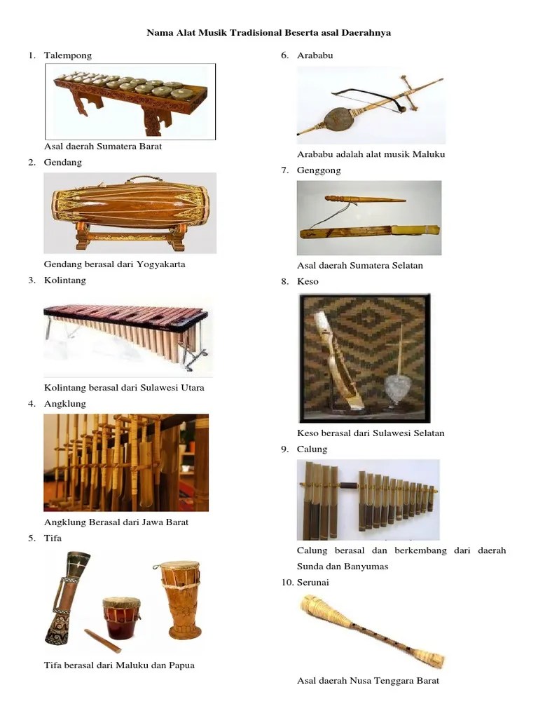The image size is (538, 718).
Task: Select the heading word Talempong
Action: pyautogui.click(x=67, y=55)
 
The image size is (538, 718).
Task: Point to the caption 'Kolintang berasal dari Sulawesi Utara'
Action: pyautogui.click(x=124, y=388)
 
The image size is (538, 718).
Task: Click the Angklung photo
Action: pyautogui.click(x=126, y=462)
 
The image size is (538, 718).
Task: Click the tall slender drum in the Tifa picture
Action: pyautogui.click(x=67, y=596)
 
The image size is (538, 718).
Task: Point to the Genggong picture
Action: pyautogui.click(x=369, y=217)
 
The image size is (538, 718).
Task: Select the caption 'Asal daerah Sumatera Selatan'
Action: pyautogui.click(x=359, y=266)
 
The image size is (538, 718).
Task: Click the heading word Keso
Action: pyautogui.click(x=308, y=282)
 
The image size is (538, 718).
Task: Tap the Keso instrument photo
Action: pyautogui.click(x=364, y=358)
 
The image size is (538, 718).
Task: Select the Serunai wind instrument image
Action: pyautogui.click(x=371, y=631)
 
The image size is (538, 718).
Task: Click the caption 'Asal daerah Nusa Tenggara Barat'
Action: pyautogui.click(x=368, y=681)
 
